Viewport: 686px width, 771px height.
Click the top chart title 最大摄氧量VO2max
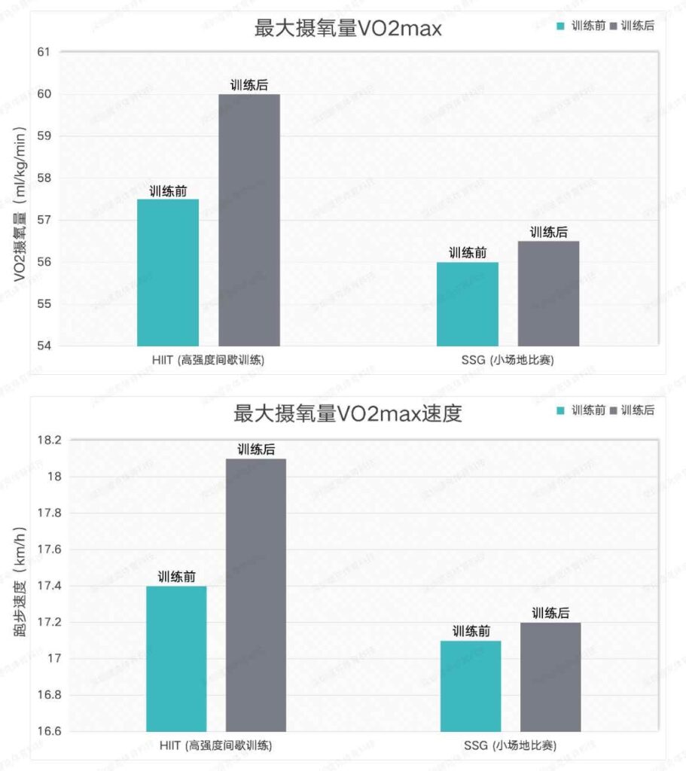tap(347, 29)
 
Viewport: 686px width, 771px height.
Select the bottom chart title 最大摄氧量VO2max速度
tap(347, 413)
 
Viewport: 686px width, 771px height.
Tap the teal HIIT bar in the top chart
tap(168, 273)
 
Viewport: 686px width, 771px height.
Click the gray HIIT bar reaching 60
tap(249, 220)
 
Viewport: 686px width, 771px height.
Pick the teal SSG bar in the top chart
tap(468, 304)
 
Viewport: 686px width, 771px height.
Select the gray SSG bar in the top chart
tap(548, 294)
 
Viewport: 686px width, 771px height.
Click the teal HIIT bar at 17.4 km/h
tap(176, 659)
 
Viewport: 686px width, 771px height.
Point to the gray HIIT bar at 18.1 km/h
tap(256, 595)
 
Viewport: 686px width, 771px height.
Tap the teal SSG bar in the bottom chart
tap(471, 686)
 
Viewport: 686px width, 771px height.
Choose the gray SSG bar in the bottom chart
tap(550, 677)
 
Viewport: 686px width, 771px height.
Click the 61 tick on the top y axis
tap(43, 52)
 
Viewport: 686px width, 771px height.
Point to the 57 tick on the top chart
tap(43, 221)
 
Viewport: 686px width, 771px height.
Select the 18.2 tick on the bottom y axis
tap(36, 440)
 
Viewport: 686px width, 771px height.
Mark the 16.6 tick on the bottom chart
tap(36, 731)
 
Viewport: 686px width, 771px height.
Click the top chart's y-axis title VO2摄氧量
tap(20, 203)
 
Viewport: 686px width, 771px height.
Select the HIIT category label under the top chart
tap(208, 361)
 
